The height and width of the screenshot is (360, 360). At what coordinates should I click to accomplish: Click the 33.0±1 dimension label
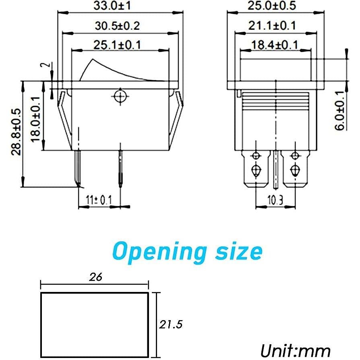(x=118, y=6)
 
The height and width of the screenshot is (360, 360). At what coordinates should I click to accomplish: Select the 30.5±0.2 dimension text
(x=117, y=25)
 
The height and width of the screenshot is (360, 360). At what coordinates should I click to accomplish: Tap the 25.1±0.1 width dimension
(x=117, y=45)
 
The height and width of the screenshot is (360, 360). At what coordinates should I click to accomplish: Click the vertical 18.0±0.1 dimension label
(x=36, y=119)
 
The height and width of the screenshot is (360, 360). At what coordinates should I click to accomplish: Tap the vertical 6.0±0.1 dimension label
(x=341, y=110)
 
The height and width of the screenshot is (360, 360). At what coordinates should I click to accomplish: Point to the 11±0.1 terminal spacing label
(x=99, y=199)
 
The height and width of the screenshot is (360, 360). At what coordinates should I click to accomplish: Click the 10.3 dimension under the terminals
(x=275, y=199)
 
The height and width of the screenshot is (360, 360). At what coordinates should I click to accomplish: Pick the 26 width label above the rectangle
(x=96, y=277)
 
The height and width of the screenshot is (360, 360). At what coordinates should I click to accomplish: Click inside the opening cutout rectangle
(x=95, y=325)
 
